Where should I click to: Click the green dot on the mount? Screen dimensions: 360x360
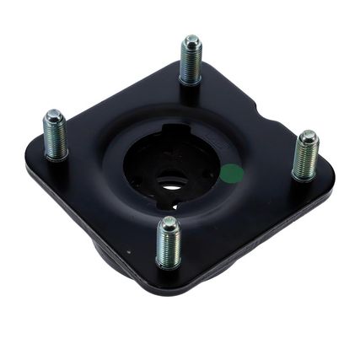[231, 175]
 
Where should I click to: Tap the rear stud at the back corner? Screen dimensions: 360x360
[191, 61]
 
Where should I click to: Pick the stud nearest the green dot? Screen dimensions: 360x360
[304, 156]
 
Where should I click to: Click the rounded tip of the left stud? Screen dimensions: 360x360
[54, 115]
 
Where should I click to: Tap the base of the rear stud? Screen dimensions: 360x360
[191, 82]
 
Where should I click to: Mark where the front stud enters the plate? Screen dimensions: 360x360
[169, 266]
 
